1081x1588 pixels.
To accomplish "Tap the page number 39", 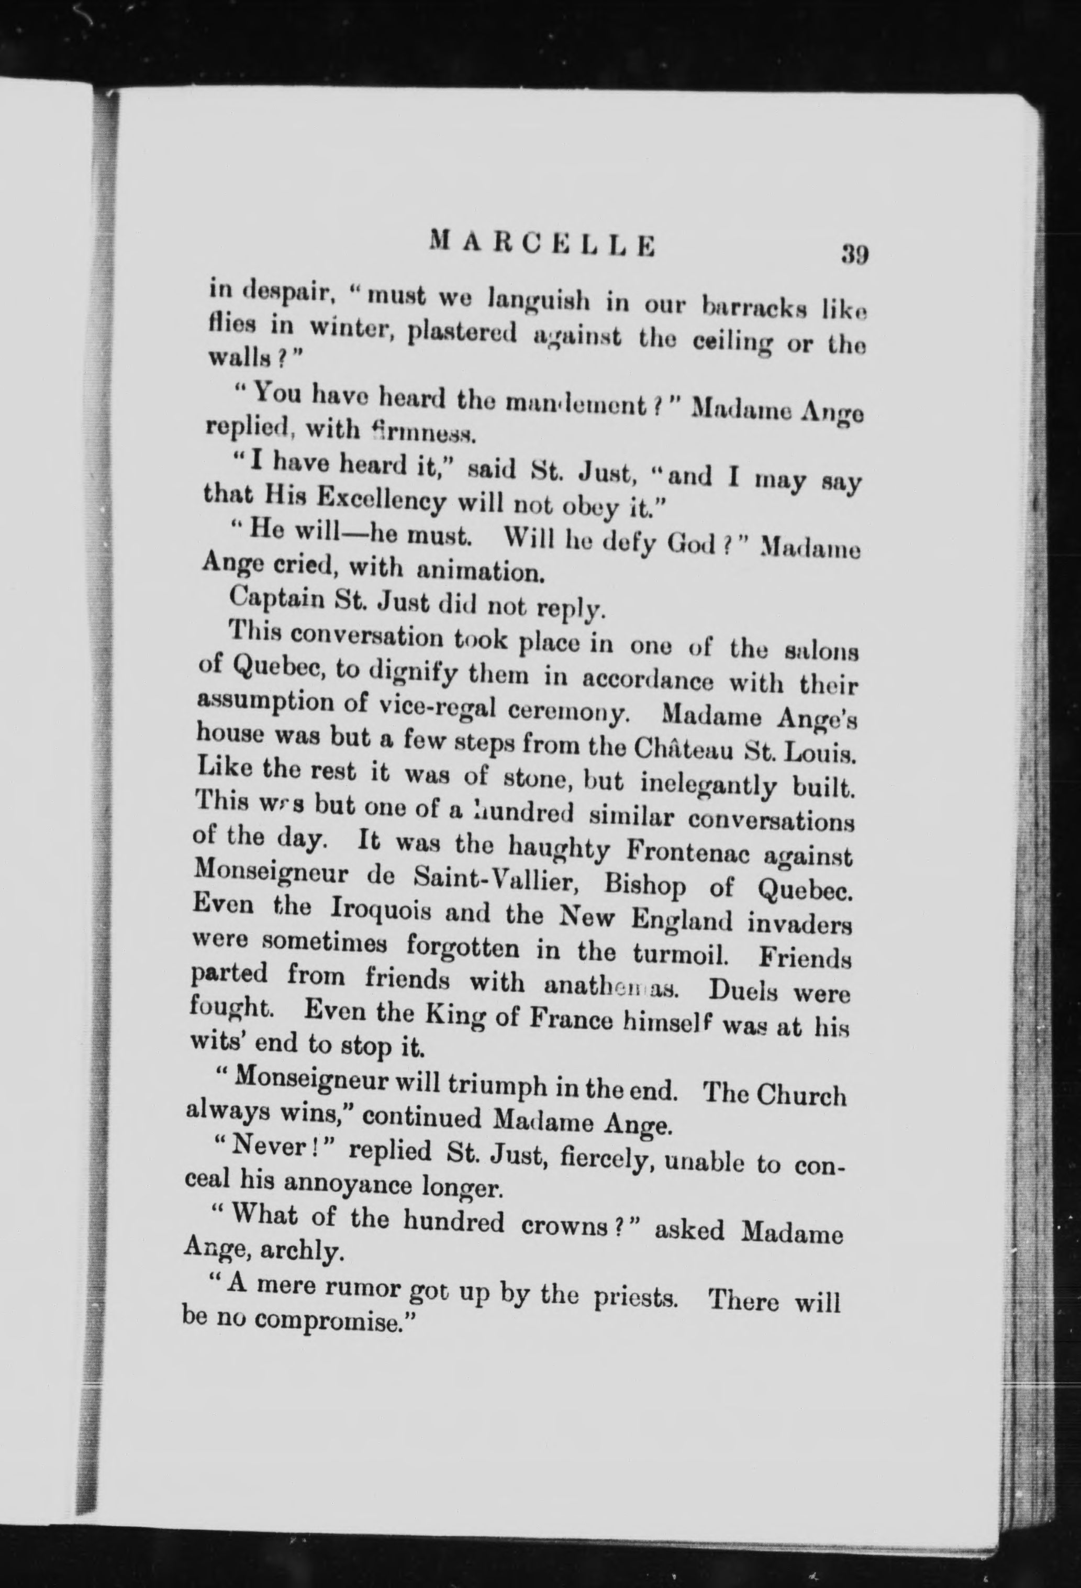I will point(854,255).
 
